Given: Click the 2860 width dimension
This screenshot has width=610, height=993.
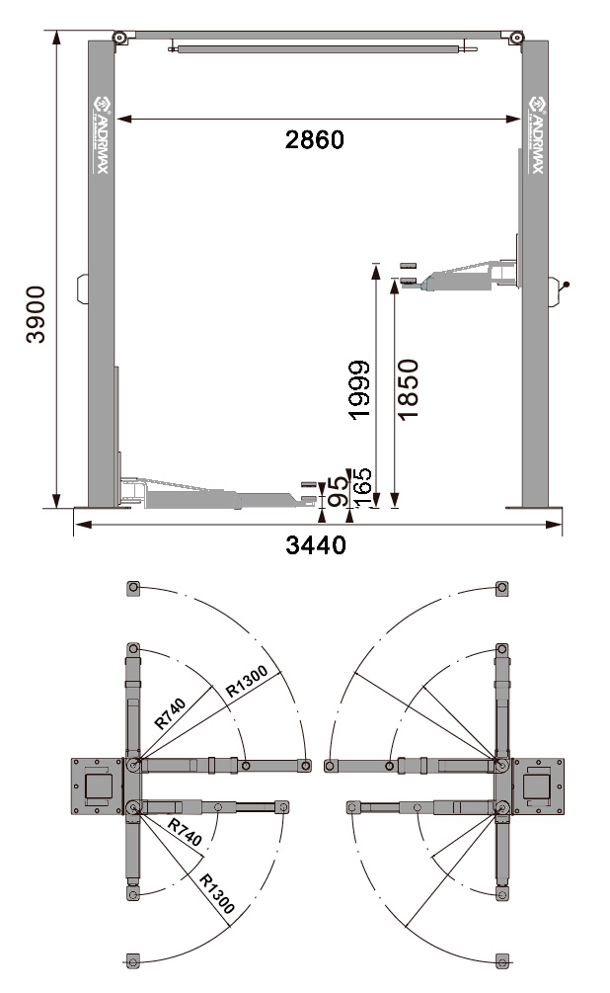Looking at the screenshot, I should tap(314, 139).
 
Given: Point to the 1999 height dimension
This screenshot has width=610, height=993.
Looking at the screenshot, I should tap(360, 390).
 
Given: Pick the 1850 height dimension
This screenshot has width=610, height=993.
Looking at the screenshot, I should tap(408, 390).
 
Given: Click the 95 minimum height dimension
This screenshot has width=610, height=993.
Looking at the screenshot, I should tap(337, 491).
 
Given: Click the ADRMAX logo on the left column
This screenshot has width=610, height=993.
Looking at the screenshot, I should tap(101, 134).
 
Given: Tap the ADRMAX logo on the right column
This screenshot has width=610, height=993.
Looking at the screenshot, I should tap(536, 134).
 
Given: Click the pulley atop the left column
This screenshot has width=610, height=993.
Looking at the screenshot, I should tap(119, 39).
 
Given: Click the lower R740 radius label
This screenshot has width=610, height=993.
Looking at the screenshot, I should tap(185, 832).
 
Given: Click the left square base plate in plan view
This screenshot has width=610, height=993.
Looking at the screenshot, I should tap(99, 786).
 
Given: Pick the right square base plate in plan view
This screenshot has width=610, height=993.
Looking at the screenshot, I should tap(537, 786).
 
